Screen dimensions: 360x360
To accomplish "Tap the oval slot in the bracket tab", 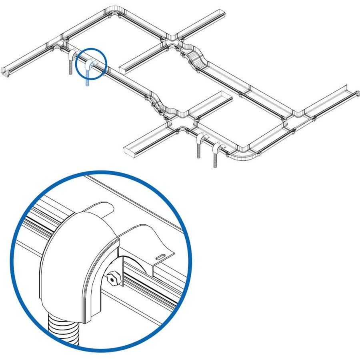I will (161, 256).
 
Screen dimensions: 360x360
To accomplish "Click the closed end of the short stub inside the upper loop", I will (124, 69).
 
